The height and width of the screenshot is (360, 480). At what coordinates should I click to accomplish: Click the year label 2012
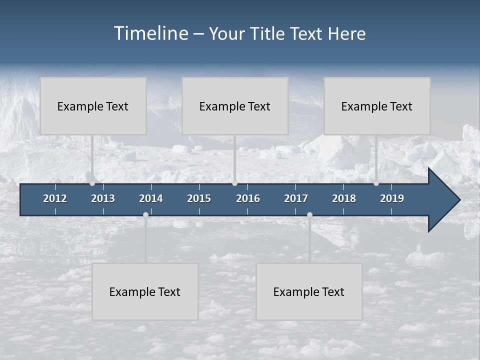coord(55,198)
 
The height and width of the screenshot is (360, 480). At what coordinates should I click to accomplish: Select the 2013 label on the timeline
coord(103,198)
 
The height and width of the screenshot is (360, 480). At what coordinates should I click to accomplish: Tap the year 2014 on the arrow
coord(151,198)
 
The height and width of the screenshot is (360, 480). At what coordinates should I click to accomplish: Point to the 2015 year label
coord(199,198)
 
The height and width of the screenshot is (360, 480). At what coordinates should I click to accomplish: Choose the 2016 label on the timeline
coord(248,198)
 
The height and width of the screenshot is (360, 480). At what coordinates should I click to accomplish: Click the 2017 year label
coord(296,198)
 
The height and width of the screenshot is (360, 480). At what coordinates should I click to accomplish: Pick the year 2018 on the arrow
coord(344,198)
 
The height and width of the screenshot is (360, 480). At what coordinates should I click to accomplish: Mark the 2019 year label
coord(392,198)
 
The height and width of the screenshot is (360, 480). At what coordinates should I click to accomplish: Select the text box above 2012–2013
coord(93,106)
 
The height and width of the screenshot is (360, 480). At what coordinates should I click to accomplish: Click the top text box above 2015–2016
coord(235,106)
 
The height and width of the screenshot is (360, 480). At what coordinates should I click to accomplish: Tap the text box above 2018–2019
coord(377,106)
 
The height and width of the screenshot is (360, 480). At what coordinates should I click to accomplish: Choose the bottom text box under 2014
coord(145,291)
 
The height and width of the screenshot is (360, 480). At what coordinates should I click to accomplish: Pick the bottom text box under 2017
coord(309,291)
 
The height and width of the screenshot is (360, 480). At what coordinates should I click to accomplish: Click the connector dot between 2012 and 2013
coord(92,183)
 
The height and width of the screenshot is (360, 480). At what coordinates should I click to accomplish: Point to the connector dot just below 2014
coord(145,215)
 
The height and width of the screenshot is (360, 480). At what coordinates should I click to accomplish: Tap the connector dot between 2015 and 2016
coord(235,183)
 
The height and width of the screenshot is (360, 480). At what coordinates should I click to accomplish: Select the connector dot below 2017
coord(309,215)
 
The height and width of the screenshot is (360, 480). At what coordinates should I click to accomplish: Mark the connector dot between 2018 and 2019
coord(376,183)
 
